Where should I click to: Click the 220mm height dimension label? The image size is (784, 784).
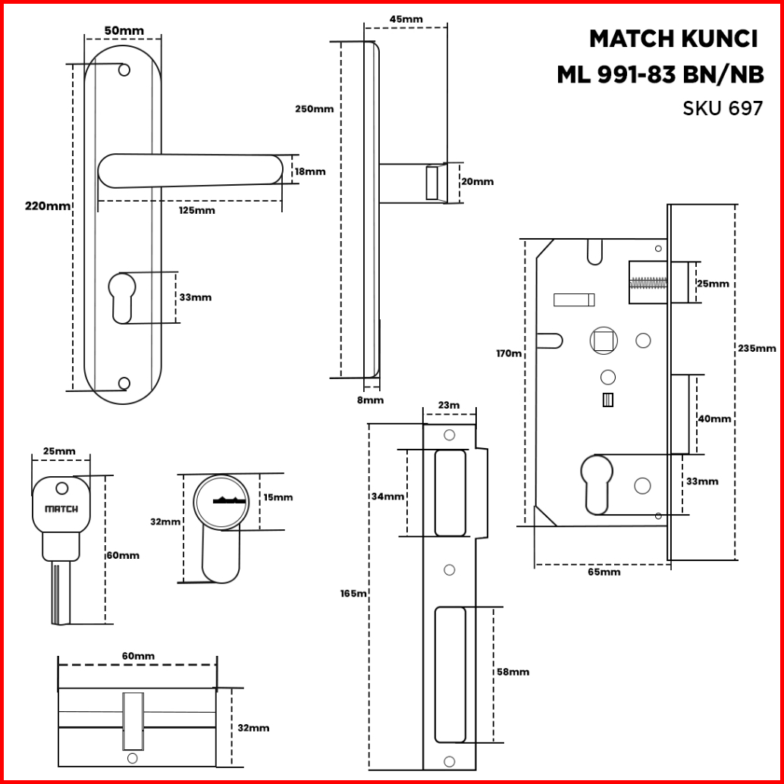(x=48, y=205)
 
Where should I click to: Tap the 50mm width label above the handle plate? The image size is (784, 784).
(x=124, y=30)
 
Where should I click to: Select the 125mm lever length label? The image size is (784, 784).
(x=196, y=210)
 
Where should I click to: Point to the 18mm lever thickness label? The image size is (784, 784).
(x=309, y=171)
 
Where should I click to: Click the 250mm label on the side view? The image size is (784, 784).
(x=314, y=108)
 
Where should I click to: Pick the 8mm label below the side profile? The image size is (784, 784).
(x=370, y=400)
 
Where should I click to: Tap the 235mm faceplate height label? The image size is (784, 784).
(x=756, y=348)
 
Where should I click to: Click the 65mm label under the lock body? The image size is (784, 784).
(x=604, y=572)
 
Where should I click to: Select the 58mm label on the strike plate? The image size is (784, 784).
(x=513, y=672)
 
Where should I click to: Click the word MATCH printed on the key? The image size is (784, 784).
(x=61, y=509)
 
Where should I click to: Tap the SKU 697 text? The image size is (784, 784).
(x=723, y=108)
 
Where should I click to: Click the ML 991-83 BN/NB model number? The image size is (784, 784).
(x=660, y=74)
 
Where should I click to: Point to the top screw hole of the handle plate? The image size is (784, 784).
(x=124, y=71)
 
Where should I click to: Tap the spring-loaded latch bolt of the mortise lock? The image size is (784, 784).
(x=648, y=284)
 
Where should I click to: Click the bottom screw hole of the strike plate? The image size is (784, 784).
(x=449, y=760)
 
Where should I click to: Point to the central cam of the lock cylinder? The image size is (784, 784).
(x=132, y=717)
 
